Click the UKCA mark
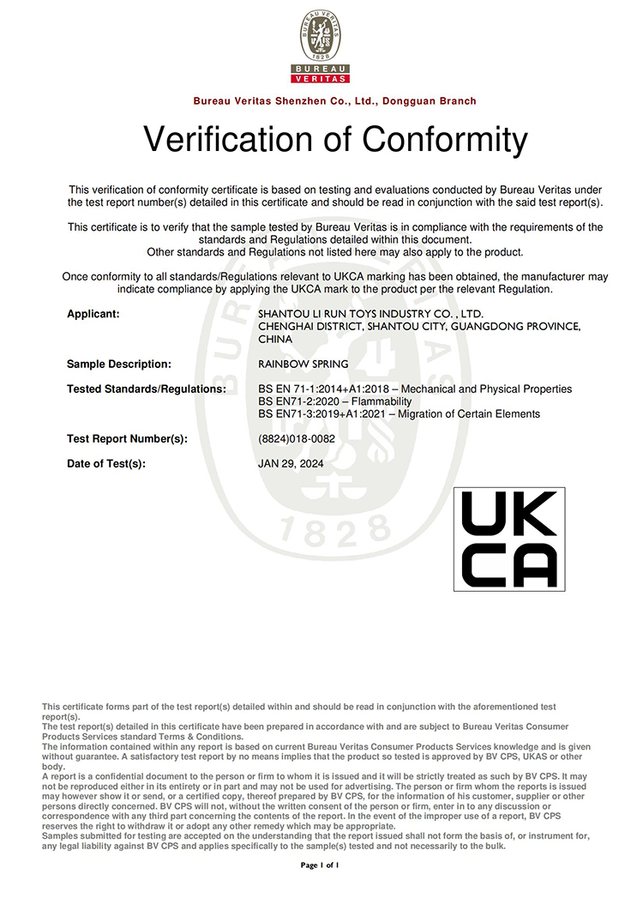coord(508,539)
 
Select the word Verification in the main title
coord(227,139)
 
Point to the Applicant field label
coord(93,315)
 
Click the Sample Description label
coord(119,365)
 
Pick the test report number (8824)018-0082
coord(297,439)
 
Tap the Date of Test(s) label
coord(106,464)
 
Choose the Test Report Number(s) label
coord(127,439)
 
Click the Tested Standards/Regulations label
coord(146,389)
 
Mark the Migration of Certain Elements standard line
coord(399,414)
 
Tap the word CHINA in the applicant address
coord(275,340)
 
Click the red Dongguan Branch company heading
coord(334,101)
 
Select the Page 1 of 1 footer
coord(321,866)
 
